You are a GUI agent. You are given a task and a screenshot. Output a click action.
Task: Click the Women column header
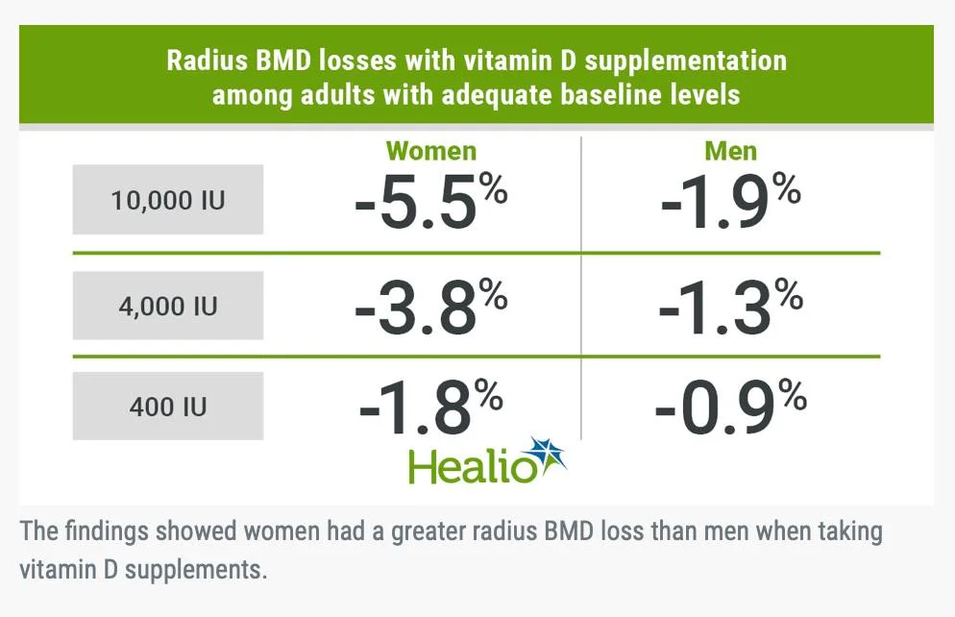431,151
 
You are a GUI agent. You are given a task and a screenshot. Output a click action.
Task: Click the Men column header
730,151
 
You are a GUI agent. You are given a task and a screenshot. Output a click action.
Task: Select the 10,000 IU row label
168,200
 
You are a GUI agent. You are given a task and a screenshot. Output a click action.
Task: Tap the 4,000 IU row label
168,306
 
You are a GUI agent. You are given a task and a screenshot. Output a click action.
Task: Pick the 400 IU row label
168,406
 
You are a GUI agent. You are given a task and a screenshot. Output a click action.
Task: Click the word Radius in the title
208,62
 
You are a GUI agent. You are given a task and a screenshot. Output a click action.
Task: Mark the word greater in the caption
430,531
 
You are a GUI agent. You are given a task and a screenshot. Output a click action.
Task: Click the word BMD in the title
288,62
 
